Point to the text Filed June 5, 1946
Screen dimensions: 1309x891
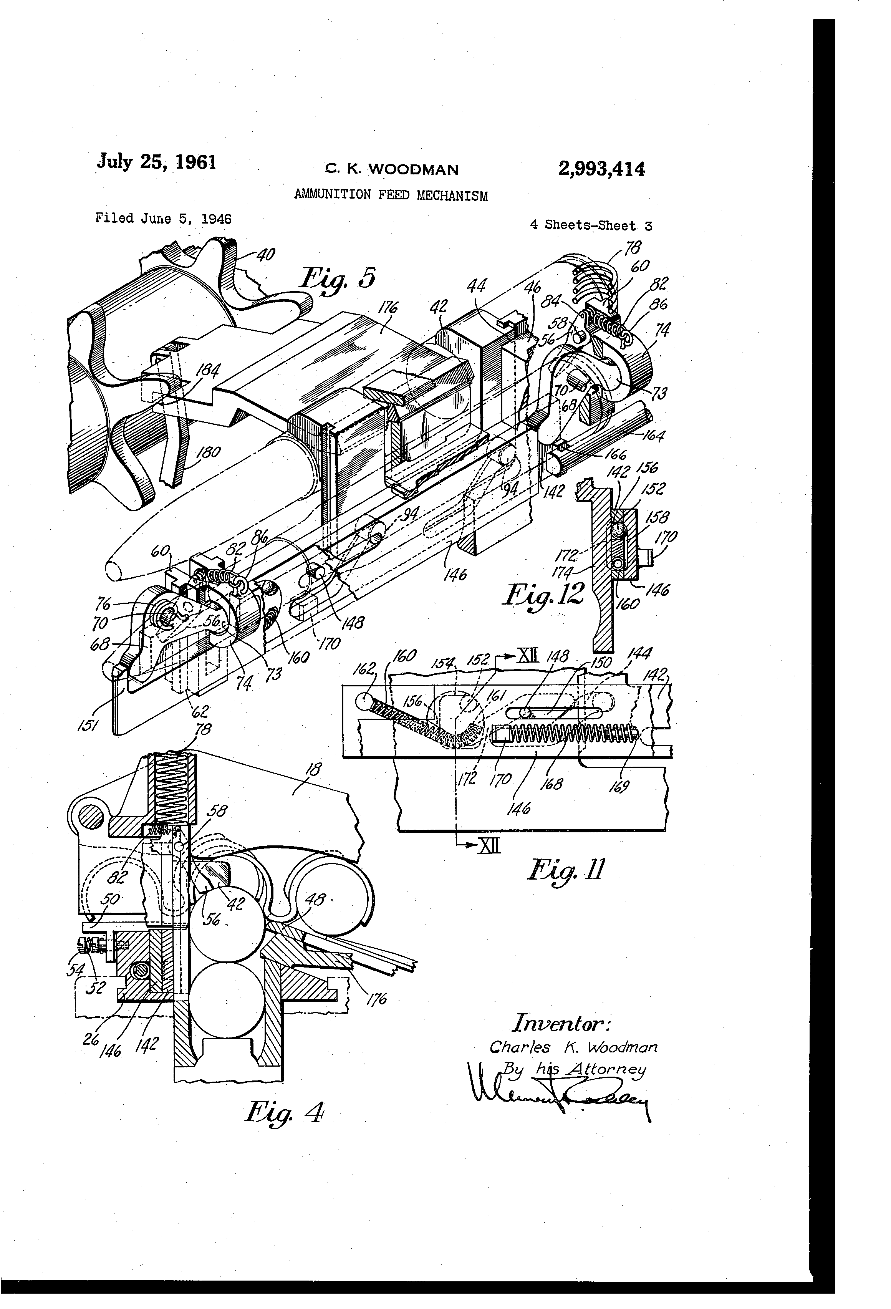pos(163,219)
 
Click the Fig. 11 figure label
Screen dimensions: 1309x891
pos(565,871)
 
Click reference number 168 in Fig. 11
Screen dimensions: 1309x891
pos(551,783)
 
